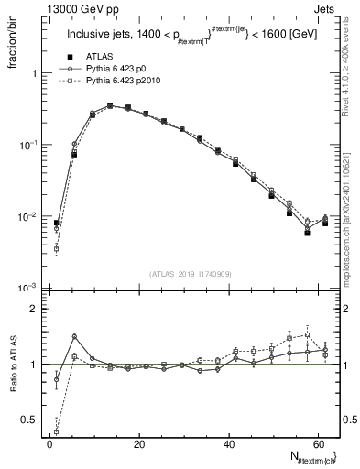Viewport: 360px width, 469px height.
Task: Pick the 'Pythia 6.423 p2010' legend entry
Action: [x=121, y=81]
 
